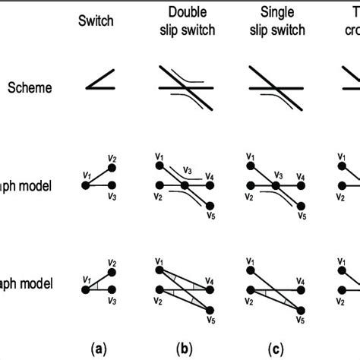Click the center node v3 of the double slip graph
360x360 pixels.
185,185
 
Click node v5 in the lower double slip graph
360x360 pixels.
210,308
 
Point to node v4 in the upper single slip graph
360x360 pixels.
302,185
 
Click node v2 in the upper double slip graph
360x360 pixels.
159,185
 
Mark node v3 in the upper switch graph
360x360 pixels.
111,185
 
